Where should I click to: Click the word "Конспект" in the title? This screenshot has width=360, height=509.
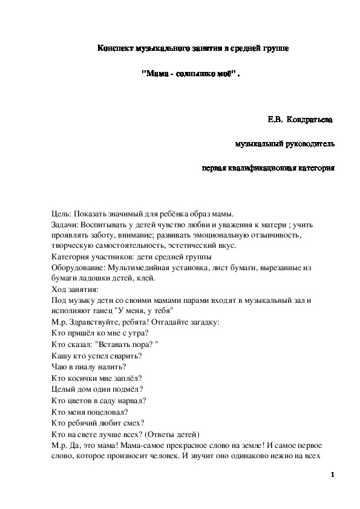(x=115, y=48)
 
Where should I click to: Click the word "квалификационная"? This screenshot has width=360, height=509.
(x=269, y=168)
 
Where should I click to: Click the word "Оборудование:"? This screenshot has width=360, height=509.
(x=79, y=268)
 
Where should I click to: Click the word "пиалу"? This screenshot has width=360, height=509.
(x=85, y=366)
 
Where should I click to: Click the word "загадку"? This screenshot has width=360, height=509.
(x=209, y=322)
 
